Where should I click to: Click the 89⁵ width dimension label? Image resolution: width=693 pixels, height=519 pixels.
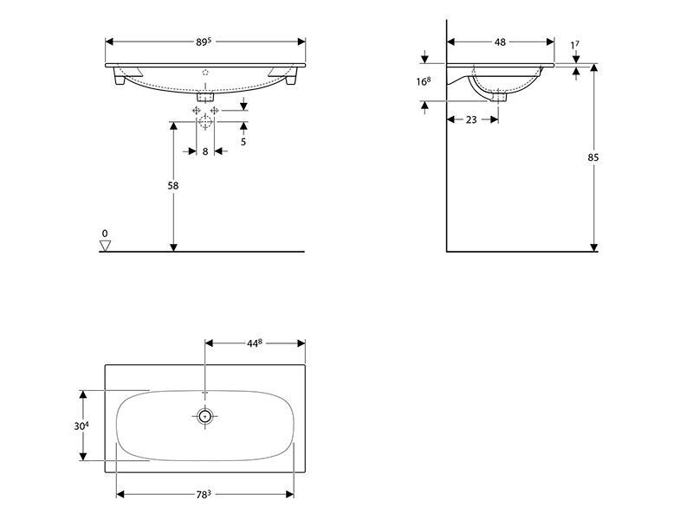coord(204,42)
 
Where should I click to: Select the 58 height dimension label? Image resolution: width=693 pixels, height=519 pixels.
coord(173,186)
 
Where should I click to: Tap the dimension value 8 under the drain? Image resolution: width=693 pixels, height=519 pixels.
coord(205,152)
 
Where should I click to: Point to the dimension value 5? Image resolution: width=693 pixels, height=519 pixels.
coord(243,142)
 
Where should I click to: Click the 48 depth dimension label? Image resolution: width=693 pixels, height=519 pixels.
coord(500,42)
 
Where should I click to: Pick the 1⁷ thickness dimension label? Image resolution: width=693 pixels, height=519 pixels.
coord(574,45)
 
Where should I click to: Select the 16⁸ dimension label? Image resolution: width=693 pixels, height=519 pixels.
coord(423,81)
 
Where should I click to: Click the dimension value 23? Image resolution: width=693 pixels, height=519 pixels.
coord(471,119)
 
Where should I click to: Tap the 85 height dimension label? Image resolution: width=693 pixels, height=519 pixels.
coord(593,157)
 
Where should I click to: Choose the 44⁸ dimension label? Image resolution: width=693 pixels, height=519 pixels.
coord(254,343)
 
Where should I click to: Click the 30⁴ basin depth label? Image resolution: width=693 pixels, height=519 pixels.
coord(81,426)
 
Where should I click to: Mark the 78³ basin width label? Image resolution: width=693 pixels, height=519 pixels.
coord(204,494)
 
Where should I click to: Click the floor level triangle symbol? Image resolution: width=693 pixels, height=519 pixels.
coord(105,246)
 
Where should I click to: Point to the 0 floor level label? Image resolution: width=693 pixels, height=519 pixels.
coord(105,234)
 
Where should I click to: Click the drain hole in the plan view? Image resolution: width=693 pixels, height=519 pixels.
coord(204,416)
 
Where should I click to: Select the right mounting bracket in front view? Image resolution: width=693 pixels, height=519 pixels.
coord(285,75)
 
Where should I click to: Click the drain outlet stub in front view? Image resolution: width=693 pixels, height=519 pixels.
coord(205,97)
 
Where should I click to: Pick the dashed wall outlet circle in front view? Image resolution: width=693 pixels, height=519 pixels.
coord(205,121)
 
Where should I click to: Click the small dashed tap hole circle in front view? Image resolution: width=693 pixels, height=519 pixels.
coord(205,73)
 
